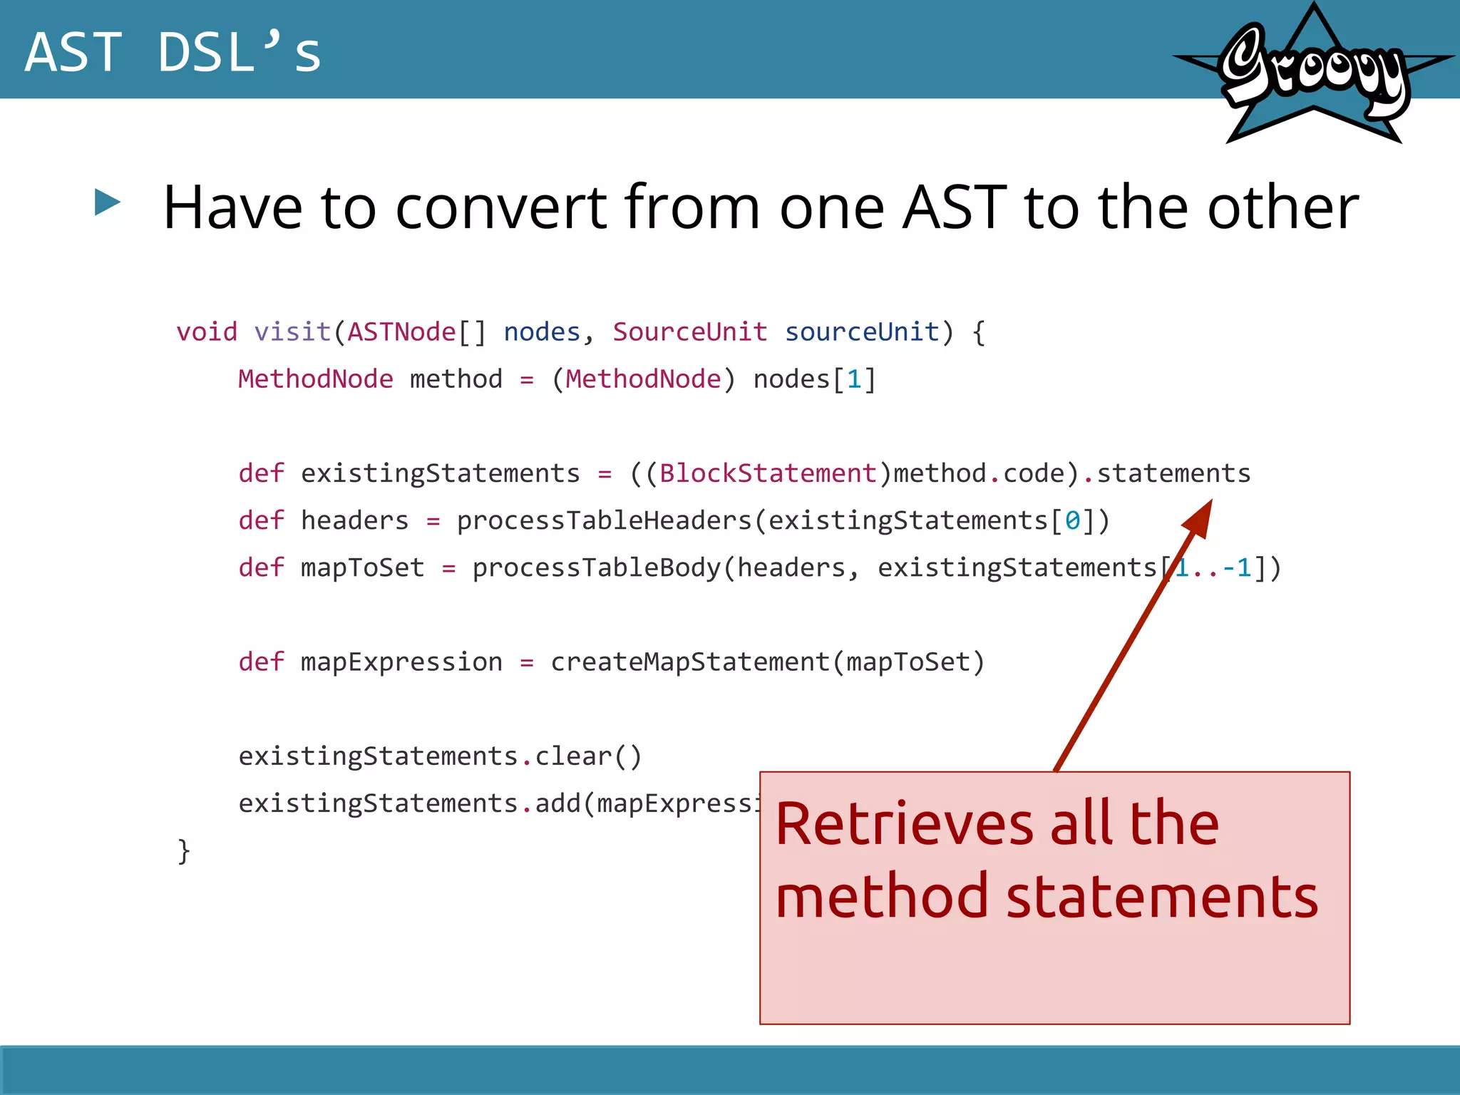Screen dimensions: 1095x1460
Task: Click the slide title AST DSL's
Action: (x=173, y=52)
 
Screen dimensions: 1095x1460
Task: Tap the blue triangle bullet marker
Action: (x=107, y=202)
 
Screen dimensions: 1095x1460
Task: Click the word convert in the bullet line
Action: (x=500, y=207)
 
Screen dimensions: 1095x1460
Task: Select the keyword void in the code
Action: (x=207, y=332)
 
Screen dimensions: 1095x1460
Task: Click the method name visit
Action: (x=292, y=332)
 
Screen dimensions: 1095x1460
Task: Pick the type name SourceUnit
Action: (x=689, y=332)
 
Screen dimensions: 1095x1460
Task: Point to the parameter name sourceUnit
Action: (x=861, y=332)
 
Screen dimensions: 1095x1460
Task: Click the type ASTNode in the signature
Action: (x=401, y=332)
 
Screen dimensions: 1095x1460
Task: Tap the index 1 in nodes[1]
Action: (x=853, y=379)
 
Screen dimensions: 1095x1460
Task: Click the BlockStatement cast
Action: (x=767, y=473)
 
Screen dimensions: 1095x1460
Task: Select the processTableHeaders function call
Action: (x=605, y=520)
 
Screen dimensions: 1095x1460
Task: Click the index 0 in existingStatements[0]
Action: (x=1071, y=520)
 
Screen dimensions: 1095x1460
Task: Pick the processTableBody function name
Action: (x=597, y=567)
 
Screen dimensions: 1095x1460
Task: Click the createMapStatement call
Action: (x=690, y=662)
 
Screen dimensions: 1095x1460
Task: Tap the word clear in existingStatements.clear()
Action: (x=573, y=756)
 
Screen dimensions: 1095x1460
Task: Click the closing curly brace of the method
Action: (x=184, y=851)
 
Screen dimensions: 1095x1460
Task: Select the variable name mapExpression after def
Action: (x=401, y=662)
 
